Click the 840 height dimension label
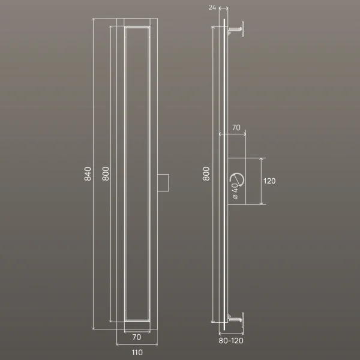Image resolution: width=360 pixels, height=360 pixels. (x=88, y=174)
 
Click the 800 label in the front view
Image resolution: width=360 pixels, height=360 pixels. (x=106, y=174)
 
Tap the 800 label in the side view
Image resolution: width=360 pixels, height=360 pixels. (x=206, y=174)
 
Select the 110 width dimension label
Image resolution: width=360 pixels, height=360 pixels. (x=137, y=352)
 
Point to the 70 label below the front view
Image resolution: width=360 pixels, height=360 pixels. (x=137, y=337)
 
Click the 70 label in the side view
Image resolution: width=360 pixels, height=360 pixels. (x=236, y=127)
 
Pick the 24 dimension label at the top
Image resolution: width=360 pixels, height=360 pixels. (x=212, y=8)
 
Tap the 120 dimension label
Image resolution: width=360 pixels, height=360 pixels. (x=269, y=181)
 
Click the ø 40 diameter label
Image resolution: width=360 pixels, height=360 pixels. (x=235, y=191)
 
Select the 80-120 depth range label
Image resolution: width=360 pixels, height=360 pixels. (x=231, y=341)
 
